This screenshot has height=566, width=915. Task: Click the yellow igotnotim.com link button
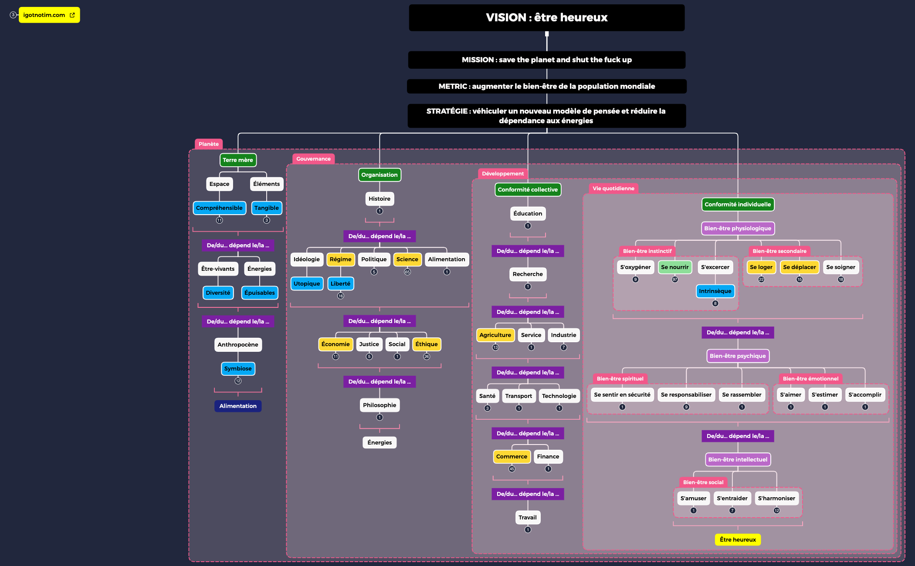[x=49, y=15]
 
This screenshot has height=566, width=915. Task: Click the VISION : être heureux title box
[x=547, y=17]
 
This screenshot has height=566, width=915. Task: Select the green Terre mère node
[x=238, y=160]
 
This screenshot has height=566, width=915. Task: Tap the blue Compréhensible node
[x=219, y=208]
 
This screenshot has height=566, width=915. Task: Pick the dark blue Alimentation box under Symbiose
[x=238, y=406]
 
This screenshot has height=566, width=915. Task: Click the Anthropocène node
[x=238, y=344]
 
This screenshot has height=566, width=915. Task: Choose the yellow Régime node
[x=340, y=259]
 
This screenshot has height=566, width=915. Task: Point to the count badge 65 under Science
[x=407, y=272]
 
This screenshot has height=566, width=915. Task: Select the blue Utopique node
[x=307, y=283]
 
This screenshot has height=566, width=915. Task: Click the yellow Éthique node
[x=427, y=344]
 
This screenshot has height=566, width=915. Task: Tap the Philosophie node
[x=380, y=405]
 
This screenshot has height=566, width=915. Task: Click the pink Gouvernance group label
[x=313, y=159]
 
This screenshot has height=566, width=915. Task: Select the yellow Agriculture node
[x=495, y=335]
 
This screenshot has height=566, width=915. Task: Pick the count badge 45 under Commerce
[x=512, y=469]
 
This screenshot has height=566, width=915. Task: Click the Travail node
[x=528, y=517]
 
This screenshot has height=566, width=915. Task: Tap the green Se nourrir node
[x=675, y=267]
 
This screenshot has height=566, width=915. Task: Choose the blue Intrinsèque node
[x=715, y=291]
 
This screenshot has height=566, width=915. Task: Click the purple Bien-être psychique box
[x=738, y=356]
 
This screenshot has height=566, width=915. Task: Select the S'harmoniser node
[x=776, y=498]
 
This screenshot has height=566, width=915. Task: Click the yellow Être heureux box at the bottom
[x=738, y=539]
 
